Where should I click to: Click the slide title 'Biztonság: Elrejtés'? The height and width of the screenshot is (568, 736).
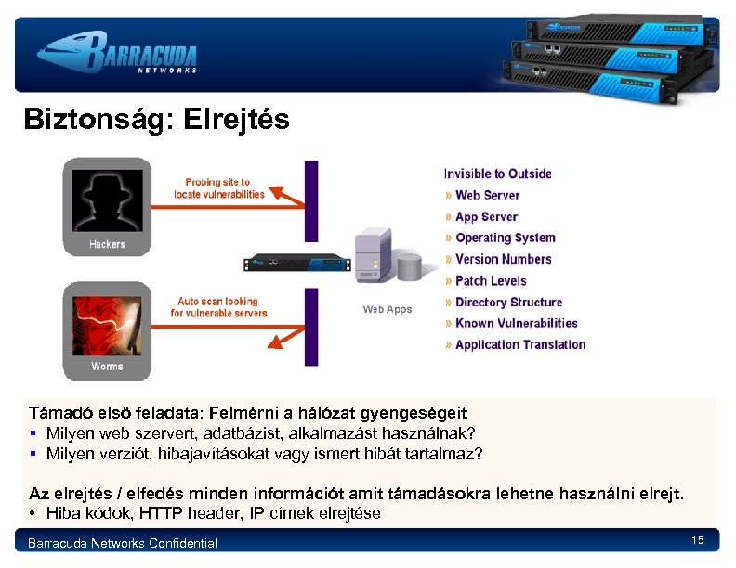tap(156, 120)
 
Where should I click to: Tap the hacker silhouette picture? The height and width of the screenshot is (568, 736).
tap(108, 200)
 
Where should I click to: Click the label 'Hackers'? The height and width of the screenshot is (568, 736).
tap(107, 244)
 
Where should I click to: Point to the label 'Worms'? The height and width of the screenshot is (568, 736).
tap(107, 367)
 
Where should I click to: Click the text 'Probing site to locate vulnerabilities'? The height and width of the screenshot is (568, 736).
tap(219, 188)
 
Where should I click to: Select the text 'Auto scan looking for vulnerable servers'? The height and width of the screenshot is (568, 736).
tap(218, 307)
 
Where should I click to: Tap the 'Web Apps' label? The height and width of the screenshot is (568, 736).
tap(387, 309)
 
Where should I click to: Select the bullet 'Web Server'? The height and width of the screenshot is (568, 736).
tap(487, 195)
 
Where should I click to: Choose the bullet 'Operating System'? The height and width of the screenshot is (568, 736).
tap(505, 238)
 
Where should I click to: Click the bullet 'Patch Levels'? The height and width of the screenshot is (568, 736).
tap(491, 280)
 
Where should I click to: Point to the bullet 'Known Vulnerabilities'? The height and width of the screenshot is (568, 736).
tap(516, 323)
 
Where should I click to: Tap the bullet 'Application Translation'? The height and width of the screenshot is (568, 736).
tap(520, 344)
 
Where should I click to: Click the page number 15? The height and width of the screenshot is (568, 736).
tap(698, 540)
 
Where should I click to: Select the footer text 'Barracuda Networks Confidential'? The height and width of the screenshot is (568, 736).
tap(123, 543)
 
